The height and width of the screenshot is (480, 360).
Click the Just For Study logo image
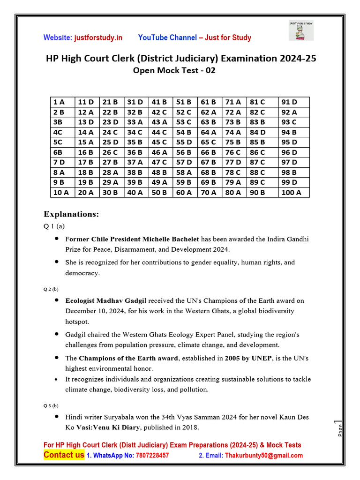(301, 31)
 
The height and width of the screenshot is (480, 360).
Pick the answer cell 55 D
(184, 142)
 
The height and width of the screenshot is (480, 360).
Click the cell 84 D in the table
(257, 132)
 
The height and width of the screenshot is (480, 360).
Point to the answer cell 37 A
(135, 162)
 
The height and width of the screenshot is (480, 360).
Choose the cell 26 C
(111, 152)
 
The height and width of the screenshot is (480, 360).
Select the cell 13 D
(86, 122)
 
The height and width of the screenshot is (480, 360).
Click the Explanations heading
(71, 214)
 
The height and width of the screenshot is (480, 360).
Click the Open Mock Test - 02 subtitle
(174, 71)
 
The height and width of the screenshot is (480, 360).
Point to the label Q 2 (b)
(51, 289)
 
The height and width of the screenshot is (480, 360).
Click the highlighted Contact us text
(64, 455)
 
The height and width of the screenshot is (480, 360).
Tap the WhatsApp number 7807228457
(152, 455)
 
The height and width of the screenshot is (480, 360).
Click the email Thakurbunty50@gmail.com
(263, 455)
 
